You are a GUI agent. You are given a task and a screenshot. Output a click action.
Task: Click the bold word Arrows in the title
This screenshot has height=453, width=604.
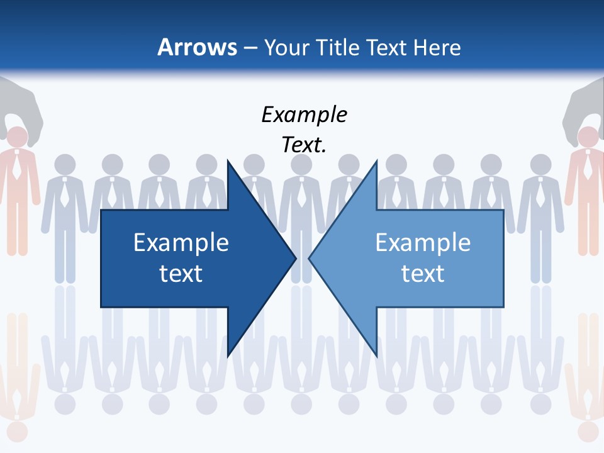pos(197,47)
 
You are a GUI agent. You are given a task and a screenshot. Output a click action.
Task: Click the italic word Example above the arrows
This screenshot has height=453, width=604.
pos(304,115)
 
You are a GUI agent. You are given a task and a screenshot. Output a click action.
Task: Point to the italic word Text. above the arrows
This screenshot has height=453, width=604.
pos(304,145)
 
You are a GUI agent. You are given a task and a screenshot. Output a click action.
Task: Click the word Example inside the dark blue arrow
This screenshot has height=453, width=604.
pos(181,243)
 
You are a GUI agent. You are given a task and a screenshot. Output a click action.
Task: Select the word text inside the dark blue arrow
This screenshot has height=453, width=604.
pos(181,274)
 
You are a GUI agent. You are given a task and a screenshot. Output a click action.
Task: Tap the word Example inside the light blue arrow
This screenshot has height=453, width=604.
pos(423,243)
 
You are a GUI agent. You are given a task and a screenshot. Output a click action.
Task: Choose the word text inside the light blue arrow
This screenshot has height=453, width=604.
pos(423,274)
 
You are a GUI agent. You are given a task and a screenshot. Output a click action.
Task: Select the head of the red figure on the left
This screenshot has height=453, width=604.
pos(18,137)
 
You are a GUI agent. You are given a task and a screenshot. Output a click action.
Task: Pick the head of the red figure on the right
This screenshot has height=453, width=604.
pos(588,137)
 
